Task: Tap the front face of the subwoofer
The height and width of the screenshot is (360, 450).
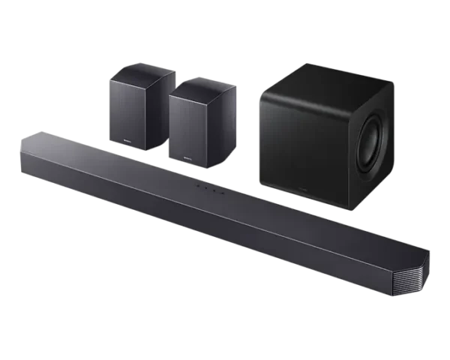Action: coord(300,142)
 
